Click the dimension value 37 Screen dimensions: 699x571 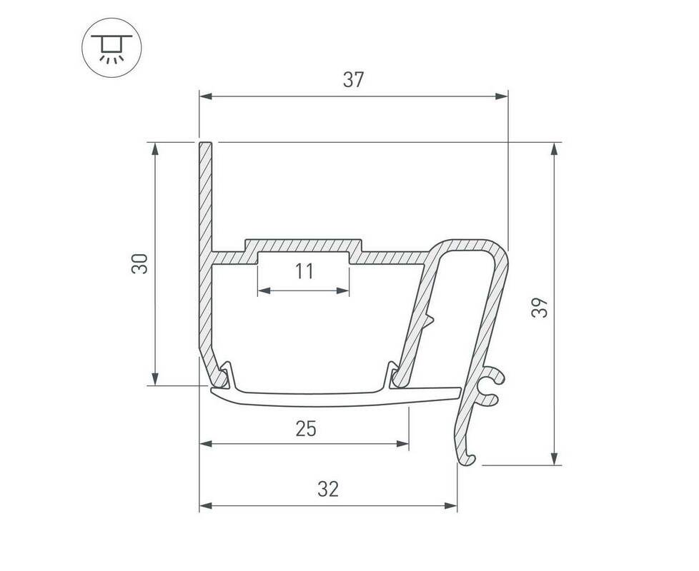point(354,80)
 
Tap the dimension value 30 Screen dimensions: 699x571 point(139,263)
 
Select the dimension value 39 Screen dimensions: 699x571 point(540,307)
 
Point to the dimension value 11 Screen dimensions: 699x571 point(304,271)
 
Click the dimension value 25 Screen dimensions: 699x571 point(306,428)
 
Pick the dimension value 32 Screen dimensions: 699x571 point(328,489)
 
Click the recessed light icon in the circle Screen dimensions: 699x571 point(112,48)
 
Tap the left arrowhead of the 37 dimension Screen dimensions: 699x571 point(206,96)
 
